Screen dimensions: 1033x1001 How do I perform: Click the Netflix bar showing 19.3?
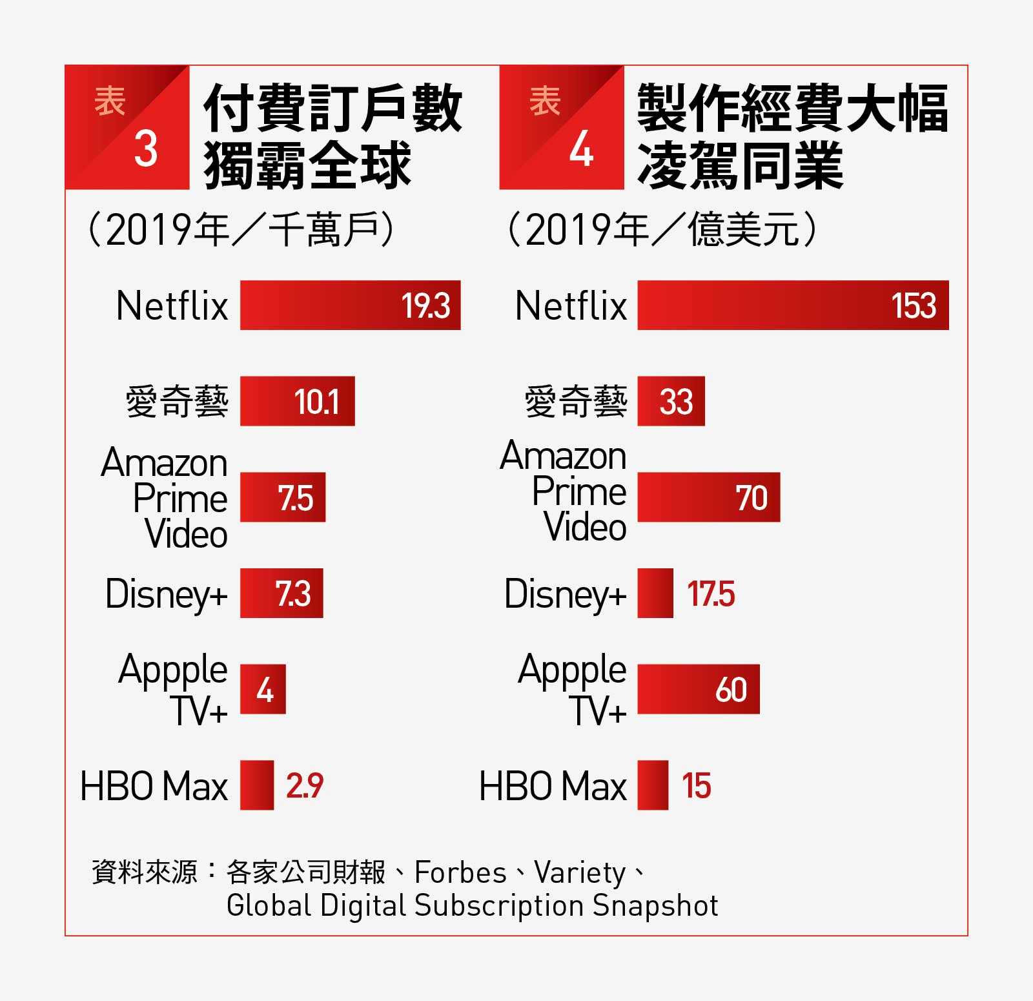point(350,305)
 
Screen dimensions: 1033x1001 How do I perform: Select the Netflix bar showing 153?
point(793,305)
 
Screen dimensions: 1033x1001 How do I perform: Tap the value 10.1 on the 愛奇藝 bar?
point(316,402)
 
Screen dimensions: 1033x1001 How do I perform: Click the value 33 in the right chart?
point(676,402)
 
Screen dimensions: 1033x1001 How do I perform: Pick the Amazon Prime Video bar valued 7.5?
point(283,497)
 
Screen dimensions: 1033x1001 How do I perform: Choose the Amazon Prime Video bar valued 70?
point(709,497)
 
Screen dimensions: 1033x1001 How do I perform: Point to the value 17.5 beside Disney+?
point(711,594)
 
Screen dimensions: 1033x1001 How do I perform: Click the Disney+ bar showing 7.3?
point(281,593)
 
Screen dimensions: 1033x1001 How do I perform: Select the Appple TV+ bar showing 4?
point(263,689)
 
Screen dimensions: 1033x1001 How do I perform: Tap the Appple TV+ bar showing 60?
point(699,689)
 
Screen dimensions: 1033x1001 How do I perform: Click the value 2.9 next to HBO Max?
point(305,786)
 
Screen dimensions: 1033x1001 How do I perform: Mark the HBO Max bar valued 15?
point(653,785)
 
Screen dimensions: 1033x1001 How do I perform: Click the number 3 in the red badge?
point(146,149)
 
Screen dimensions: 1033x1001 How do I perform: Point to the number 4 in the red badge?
point(581,149)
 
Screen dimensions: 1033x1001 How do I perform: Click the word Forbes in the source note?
point(460,872)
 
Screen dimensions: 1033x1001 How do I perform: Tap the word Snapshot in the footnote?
point(655,906)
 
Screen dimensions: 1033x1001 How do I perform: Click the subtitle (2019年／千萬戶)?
point(240,229)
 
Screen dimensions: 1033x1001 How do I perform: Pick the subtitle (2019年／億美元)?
point(662,229)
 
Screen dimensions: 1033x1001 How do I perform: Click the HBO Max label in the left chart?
point(154,786)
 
